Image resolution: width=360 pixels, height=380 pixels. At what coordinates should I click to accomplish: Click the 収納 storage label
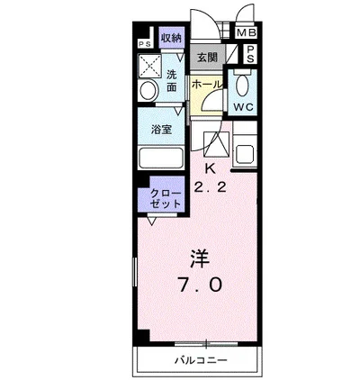pyautogui.click(x=171, y=38)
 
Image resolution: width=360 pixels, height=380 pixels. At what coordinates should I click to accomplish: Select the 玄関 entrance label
pyautogui.click(x=208, y=57)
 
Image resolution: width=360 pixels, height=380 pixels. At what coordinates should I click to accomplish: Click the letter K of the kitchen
pyautogui.click(x=210, y=168)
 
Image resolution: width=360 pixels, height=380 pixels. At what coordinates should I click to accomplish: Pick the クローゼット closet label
pyautogui.click(x=166, y=199)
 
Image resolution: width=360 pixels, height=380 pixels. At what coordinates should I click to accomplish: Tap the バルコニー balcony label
pyautogui.click(x=202, y=360)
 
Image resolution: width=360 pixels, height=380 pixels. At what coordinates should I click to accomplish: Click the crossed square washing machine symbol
pyautogui.click(x=150, y=67)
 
